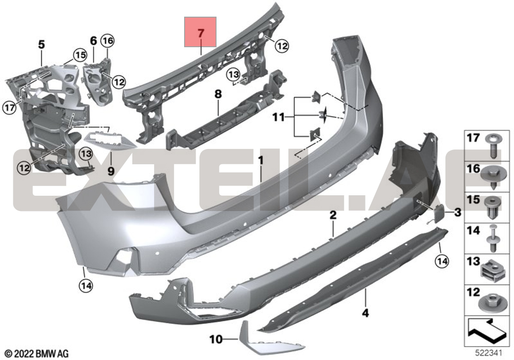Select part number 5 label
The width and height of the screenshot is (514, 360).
42,44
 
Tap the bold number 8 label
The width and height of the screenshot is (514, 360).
218,94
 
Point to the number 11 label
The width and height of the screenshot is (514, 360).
279,117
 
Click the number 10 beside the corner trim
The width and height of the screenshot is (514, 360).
216,339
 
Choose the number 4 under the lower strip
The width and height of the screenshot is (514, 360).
365,313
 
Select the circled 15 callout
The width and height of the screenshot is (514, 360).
81,55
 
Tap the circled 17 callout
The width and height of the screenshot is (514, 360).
9,107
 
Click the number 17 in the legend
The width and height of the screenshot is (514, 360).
473,138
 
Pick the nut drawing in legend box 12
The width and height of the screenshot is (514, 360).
490,303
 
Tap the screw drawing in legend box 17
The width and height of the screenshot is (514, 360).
493,146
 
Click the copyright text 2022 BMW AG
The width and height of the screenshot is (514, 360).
37,354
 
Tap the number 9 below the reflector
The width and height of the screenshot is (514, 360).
111,171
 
